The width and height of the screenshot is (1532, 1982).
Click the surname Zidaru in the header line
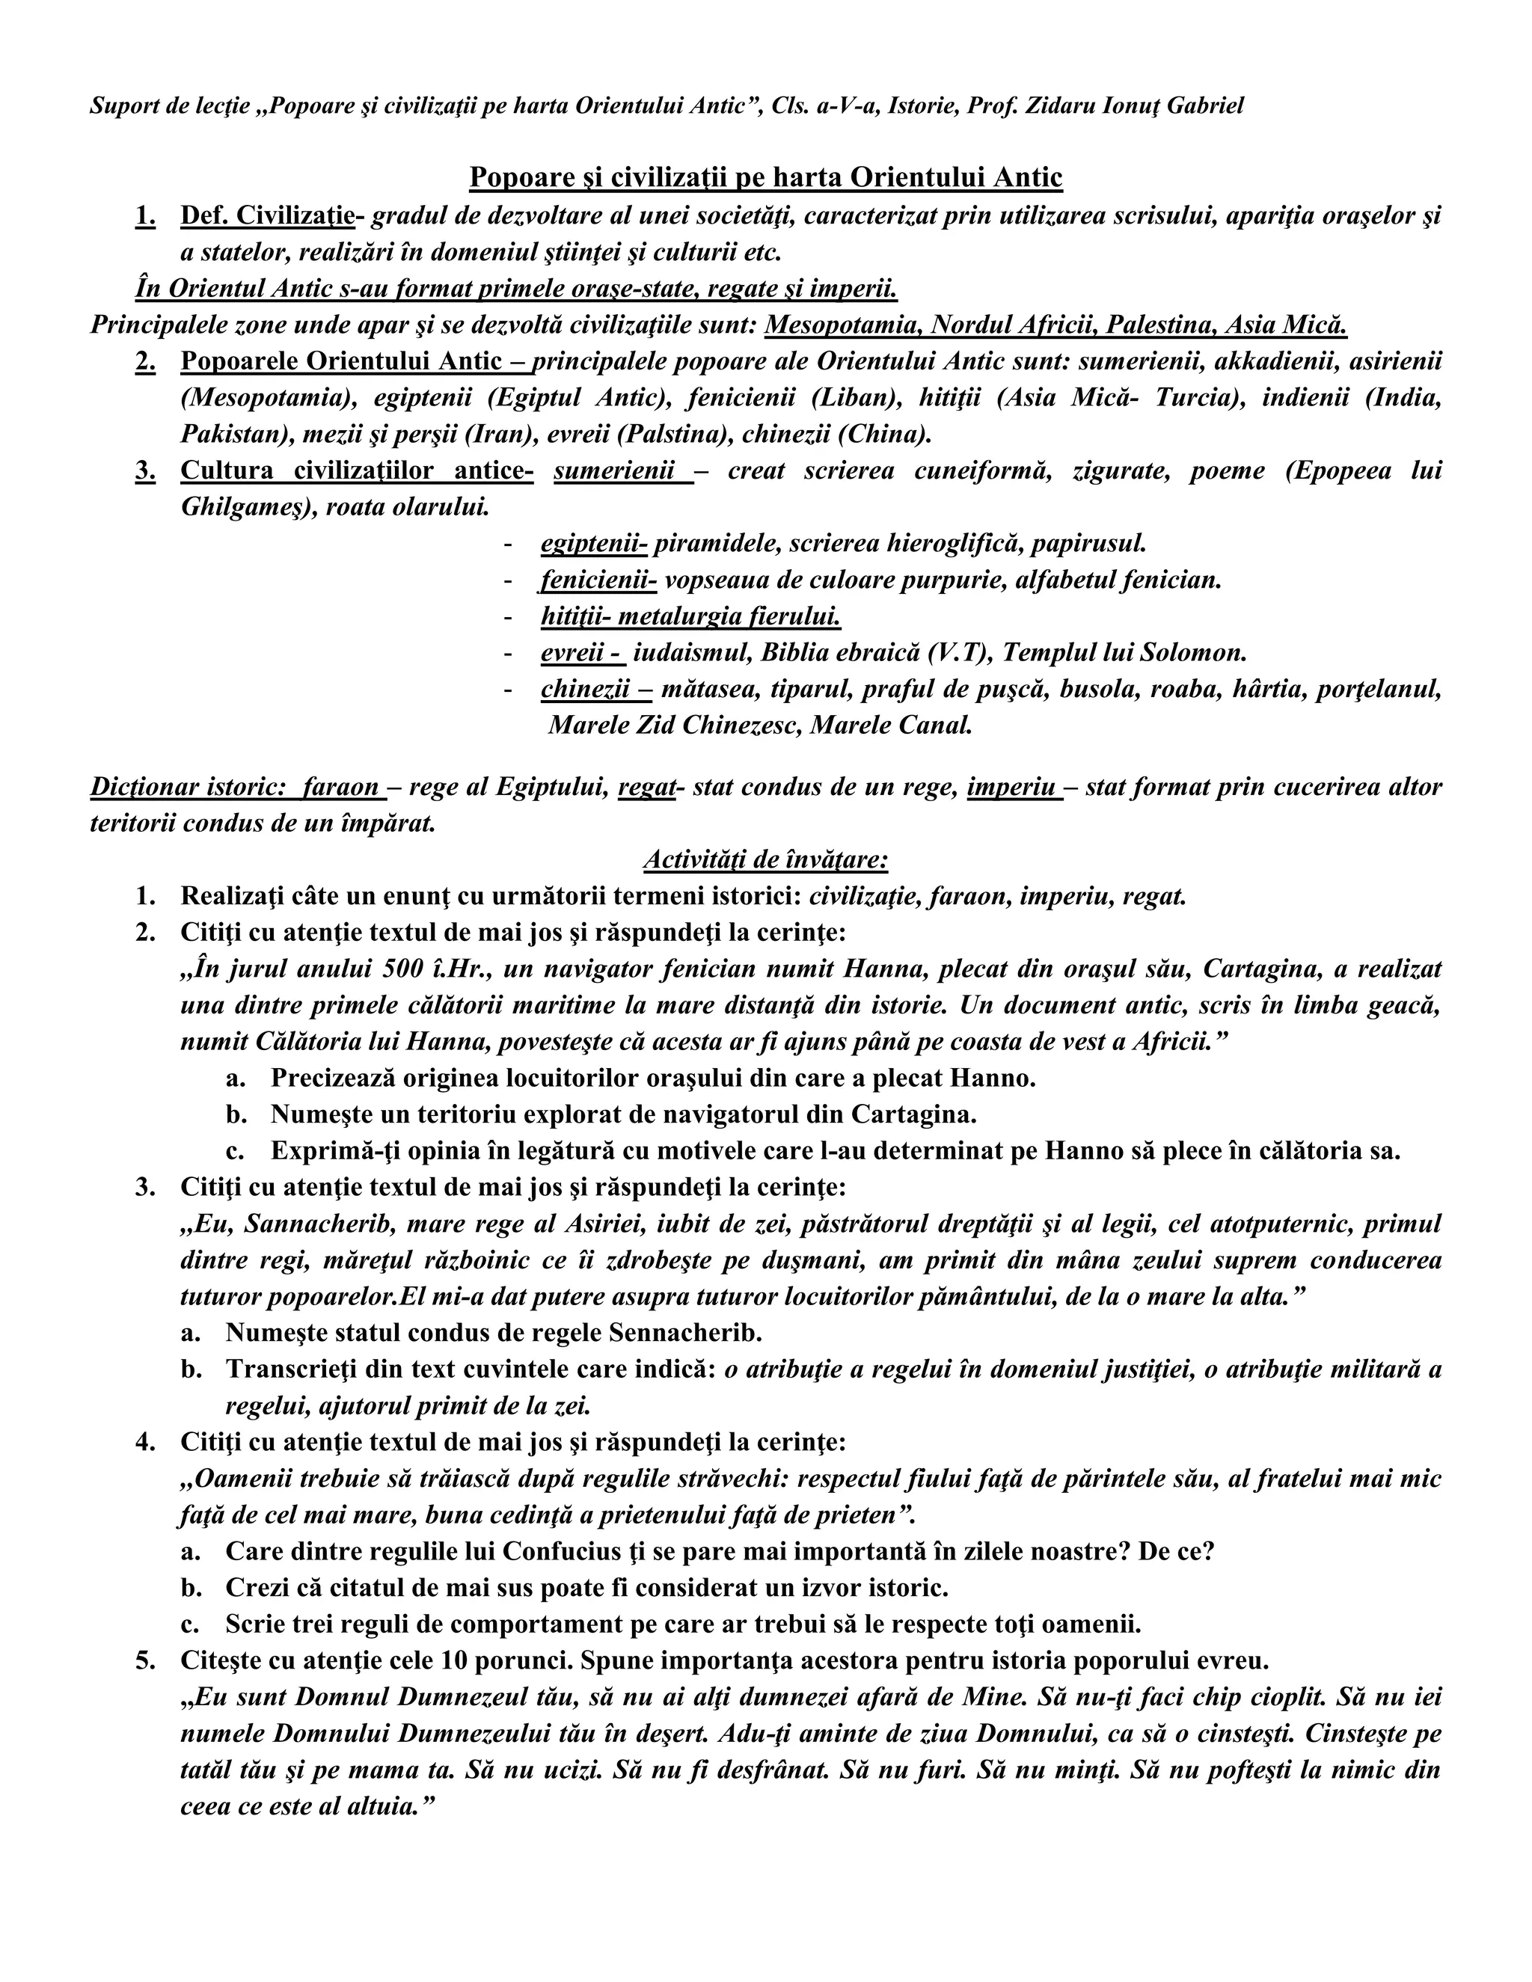pyautogui.click(x=1060, y=106)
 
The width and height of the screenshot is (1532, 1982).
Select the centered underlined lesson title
pyautogui.click(x=765, y=178)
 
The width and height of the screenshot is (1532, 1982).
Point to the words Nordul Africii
pyautogui.click(x=1012, y=325)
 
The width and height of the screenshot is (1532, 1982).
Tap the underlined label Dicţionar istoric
pyautogui.click(x=188, y=787)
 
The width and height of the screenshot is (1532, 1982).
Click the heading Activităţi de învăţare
pyautogui.click(x=765, y=859)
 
